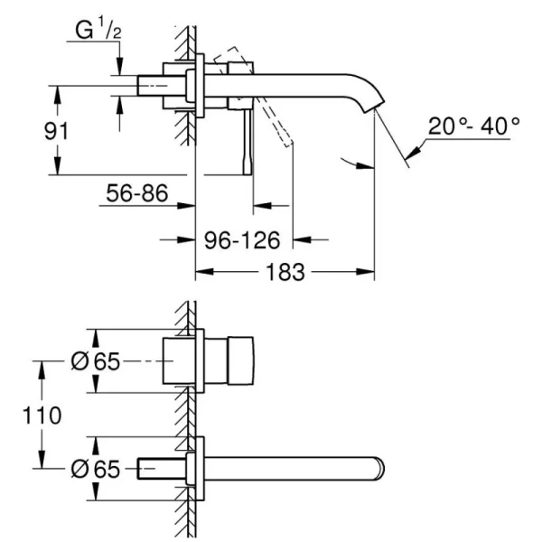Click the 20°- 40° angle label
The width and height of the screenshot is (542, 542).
tap(474, 126)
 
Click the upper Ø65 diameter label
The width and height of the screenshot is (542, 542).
tap(95, 360)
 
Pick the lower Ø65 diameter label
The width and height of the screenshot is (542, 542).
tap(95, 468)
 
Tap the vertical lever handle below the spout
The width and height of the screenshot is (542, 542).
tap(245, 145)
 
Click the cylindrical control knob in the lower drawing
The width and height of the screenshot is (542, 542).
tap(233, 360)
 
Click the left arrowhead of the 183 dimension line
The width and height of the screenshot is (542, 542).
tap(201, 271)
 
